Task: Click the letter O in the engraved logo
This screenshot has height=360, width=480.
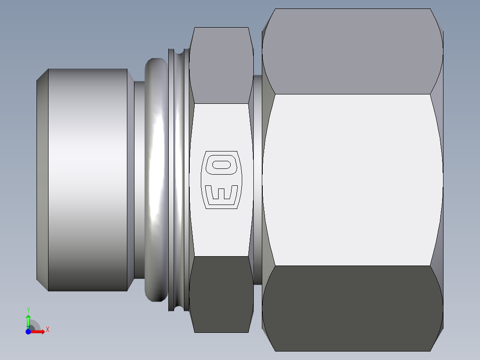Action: pos(222,165)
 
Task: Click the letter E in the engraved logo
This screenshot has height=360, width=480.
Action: pos(221,192)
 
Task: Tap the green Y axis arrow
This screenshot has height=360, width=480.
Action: pos(28,320)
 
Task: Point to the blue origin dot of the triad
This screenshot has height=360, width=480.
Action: pos(28,331)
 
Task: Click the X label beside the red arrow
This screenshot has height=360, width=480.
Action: pos(47,330)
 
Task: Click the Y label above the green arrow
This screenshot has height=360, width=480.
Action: pos(28,310)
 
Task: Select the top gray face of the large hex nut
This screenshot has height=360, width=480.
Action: pos(352,51)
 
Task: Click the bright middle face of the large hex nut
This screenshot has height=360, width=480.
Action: pos(352,178)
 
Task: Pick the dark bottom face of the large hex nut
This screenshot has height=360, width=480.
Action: pos(352,307)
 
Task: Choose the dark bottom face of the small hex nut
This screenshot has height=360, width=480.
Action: pos(221,294)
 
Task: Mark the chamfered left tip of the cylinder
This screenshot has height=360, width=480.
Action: pos(42,178)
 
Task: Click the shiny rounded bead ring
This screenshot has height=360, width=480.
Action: pos(156,178)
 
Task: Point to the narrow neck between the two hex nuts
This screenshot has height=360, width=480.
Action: pos(257,178)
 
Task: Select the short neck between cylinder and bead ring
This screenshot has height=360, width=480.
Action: pos(139,178)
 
